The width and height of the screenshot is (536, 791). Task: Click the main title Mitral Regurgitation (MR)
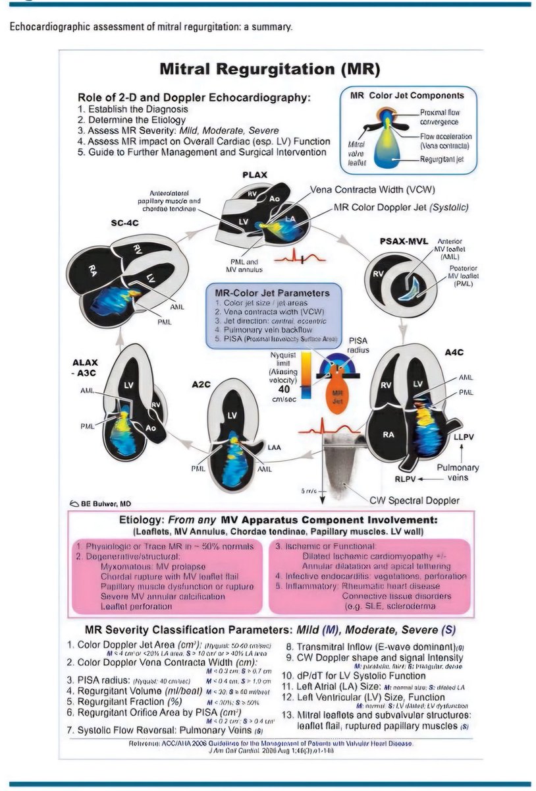point(270,69)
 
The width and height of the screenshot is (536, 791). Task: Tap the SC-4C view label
point(124,223)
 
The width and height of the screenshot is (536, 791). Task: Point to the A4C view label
point(454,352)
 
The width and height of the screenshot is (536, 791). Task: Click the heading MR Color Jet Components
point(406,96)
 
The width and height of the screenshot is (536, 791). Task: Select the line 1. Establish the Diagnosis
point(132,109)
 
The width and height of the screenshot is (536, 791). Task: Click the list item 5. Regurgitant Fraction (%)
point(129,702)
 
